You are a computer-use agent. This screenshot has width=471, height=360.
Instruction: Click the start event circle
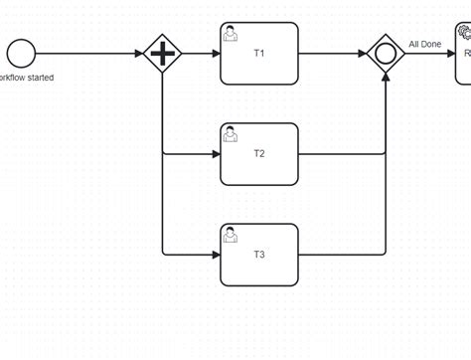click(20, 54)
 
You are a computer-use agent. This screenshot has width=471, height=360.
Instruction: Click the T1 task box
click(258, 54)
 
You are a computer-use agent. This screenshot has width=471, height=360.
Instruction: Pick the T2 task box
click(258, 154)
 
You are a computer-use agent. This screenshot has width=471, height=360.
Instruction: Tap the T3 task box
click(258, 255)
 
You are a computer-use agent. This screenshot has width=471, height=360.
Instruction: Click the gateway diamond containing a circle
click(385, 54)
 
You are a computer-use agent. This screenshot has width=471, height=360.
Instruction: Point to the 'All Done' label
click(424, 44)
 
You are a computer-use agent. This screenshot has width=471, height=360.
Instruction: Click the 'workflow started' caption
click(27, 78)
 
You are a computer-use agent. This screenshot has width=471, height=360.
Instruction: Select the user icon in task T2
click(231, 133)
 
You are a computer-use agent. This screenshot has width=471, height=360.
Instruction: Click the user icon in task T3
click(231, 234)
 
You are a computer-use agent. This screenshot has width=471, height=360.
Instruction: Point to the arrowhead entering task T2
click(215, 154)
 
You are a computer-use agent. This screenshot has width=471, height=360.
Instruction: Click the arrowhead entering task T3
click(215, 255)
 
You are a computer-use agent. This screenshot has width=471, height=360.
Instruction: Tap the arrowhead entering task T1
click(215, 54)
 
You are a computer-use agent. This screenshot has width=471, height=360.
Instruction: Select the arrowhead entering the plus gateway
click(137, 54)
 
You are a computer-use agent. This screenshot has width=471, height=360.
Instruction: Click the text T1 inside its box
click(258, 54)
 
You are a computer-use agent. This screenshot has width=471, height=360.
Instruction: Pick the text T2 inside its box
click(258, 154)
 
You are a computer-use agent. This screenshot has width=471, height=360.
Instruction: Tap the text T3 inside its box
click(258, 255)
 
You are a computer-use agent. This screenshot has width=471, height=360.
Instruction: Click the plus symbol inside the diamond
click(162, 54)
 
